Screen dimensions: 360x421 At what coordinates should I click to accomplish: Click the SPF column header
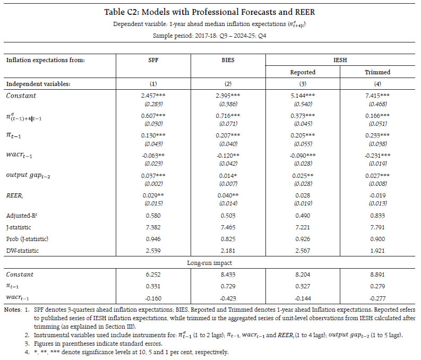tap(153, 61)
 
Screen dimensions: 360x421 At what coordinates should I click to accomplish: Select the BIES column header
tap(228, 61)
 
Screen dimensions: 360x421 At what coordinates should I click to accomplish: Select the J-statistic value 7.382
tap(153, 228)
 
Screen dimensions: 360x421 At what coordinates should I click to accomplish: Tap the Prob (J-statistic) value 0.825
tap(228, 238)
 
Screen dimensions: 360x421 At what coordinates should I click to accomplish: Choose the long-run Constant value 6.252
tap(153, 275)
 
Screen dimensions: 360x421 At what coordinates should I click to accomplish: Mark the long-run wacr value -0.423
tap(228, 296)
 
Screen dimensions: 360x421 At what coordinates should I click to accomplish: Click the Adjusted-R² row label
tap(23, 217)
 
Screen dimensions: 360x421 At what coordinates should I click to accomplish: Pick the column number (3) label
tap(303, 84)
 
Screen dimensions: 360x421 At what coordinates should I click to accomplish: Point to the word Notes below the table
tap(12, 309)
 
